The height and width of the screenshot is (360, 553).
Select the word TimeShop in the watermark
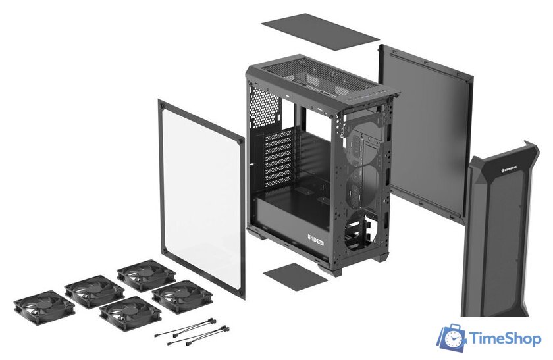pyautogui.click(x=506, y=339)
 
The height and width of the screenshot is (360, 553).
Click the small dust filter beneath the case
pyautogui.click(x=294, y=273)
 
